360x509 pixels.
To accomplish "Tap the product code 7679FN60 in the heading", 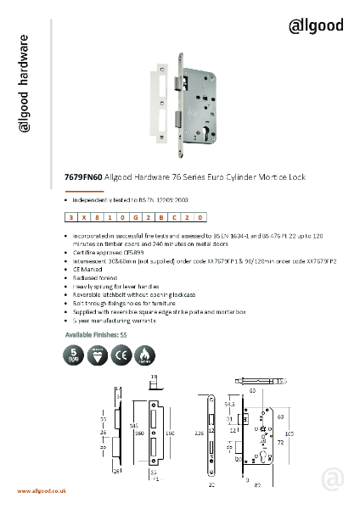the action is point(82,178).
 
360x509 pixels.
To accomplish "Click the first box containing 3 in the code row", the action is point(72,217).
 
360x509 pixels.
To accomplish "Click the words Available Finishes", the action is point(87,336).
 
